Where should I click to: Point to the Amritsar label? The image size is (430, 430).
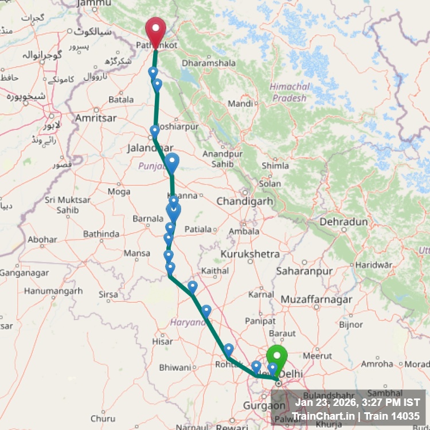coord(97,118)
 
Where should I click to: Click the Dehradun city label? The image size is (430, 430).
coord(343,221)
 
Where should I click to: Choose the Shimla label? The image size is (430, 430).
coord(275,166)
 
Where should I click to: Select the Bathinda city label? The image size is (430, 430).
coord(101,234)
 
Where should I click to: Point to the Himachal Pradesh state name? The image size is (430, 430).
coord(289,92)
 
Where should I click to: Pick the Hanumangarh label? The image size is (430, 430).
coord(53,291)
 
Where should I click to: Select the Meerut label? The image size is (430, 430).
coord(317,355)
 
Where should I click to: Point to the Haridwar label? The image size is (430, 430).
coord(374,265)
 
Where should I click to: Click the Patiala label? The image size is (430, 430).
coord(197,229)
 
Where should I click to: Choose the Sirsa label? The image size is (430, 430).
coord(108,294)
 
